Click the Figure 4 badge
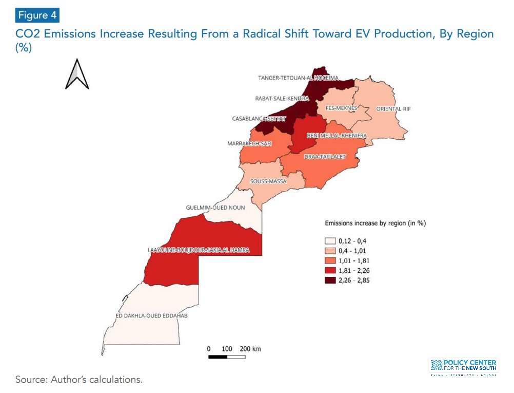point(37,15)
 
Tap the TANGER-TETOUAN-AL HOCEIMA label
point(298,78)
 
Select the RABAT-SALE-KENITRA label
point(283,98)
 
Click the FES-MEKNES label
point(341,108)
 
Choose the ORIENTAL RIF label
point(393,109)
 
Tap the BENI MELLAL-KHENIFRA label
point(337,135)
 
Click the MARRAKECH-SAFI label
point(249,143)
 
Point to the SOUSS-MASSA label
point(268,181)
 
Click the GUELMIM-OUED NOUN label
point(215,208)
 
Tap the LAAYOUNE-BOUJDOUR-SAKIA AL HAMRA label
point(198,250)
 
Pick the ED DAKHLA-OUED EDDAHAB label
point(151,315)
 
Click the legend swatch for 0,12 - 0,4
point(330,241)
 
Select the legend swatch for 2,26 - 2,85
point(330,280)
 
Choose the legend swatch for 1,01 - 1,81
point(330,260)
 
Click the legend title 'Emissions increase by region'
point(375,223)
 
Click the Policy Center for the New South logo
point(463,367)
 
